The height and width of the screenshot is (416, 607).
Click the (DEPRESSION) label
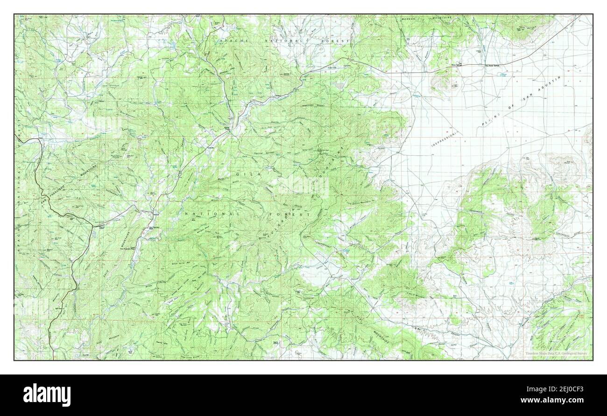(444, 139)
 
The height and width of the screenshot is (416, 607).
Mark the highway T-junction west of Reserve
(93, 227)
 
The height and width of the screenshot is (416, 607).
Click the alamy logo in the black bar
(47, 395)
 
